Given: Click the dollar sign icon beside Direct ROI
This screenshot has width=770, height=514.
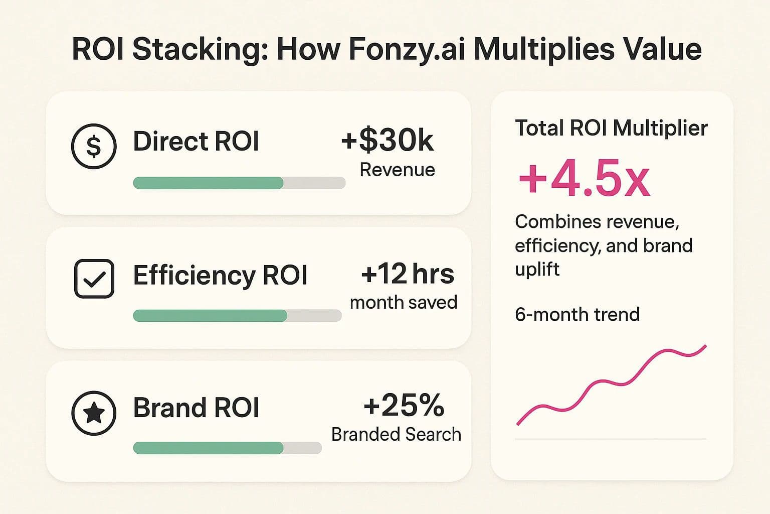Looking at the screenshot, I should pyautogui.click(x=94, y=146).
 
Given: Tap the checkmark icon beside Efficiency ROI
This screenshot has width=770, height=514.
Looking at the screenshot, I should pyautogui.click(x=94, y=279).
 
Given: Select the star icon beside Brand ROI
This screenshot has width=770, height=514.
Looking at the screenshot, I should pyautogui.click(x=94, y=413).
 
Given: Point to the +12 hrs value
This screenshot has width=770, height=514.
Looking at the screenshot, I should pyautogui.click(x=407, y=274).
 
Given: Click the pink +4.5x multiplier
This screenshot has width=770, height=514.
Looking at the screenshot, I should pyautogui.click(x=584, y=179).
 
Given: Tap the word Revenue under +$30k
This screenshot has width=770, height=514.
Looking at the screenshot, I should pyautogui.click(x=397, y=170).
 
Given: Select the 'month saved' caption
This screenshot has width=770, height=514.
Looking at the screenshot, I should pyautogui.click(x=403, y=302).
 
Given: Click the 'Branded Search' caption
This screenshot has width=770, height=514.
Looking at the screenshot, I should pyautogui.click(x=396, y=434).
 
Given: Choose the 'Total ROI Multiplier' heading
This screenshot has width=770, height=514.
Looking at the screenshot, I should pyautogui.click(x=611, y=128).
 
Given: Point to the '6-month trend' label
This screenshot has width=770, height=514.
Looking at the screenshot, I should pyautogui.click(x=577, y=315).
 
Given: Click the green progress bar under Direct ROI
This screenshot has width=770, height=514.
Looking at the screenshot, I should pyautogui.click(x=208, y=183).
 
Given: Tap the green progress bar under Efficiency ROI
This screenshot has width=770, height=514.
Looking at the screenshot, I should pyautogui.click(x=210, y=316).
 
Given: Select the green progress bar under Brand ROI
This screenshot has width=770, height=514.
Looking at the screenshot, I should pyautogui.click(x=208, y=448).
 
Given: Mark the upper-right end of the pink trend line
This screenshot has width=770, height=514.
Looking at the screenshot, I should pyautogui.click(x=705, y=346).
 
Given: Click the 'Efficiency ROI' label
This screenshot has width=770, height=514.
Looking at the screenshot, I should pyautogui.click(x=220, y=275).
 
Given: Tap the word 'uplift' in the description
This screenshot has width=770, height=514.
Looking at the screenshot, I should pyautogui.click(x=537, y=269).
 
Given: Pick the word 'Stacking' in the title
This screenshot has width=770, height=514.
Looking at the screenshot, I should pyautogui.click(x=196, y=49).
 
